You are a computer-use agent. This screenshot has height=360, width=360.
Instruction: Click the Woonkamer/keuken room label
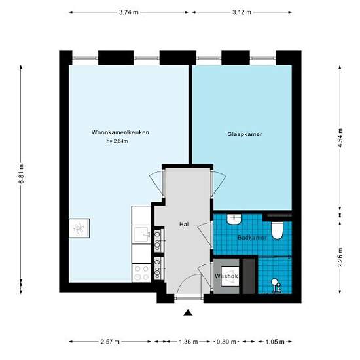click(x=120, y=132)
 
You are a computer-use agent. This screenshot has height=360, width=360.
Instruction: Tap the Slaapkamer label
click(x=245, y=134)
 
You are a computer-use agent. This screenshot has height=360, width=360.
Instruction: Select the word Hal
click(x=184, y=225)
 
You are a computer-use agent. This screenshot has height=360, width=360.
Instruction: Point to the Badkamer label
click(x=252, y=238)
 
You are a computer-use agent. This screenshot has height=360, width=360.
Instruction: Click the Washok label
click(x=225, y=276)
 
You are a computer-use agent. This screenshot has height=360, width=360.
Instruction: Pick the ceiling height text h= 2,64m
click(x=117, y=141)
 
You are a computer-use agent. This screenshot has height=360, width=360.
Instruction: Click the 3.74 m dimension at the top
click(x=129, y=12)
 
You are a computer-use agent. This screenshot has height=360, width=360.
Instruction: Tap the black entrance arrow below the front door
click(x=189, y=314)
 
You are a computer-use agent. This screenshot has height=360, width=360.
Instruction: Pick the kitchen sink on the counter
click(x=142, y=234)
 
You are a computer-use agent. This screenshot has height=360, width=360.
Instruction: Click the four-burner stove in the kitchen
click(x=142, y=272)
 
